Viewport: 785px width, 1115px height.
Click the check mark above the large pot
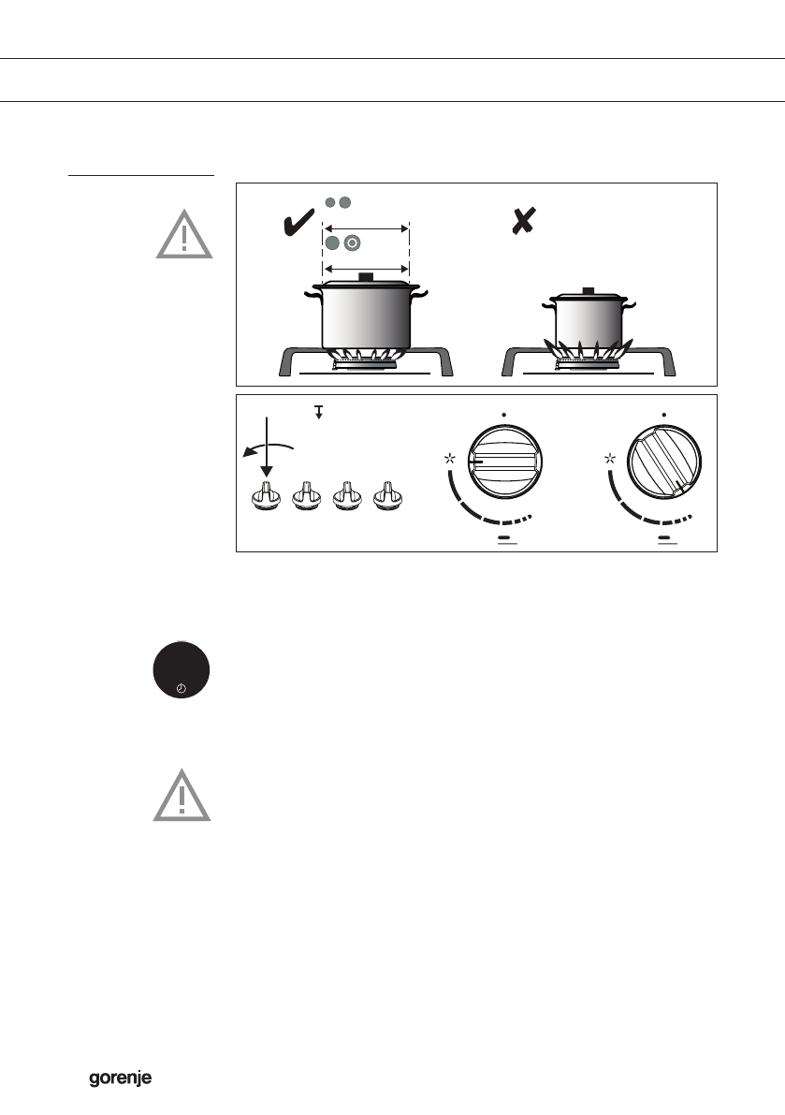point(298,225)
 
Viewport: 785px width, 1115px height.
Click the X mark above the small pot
point(522,222)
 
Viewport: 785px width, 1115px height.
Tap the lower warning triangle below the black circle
point(182,798)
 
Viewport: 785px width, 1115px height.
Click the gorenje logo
point(121,1079)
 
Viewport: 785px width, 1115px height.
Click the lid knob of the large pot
point(366,276)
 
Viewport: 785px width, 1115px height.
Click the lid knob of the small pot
point(588,291)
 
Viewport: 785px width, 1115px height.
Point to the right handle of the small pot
point(632,306)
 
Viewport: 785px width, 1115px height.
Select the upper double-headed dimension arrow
point(366,227)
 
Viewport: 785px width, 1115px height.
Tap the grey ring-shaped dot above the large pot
point(352,243)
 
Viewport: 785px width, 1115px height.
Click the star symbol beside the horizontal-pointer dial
point(451,459)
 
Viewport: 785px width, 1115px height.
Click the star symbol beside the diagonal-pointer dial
point(611,459)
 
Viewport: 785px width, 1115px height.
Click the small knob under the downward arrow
point(266,497)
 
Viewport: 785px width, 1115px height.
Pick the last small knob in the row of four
point(386,497)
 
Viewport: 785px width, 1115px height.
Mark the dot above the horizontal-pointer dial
point(503,413)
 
